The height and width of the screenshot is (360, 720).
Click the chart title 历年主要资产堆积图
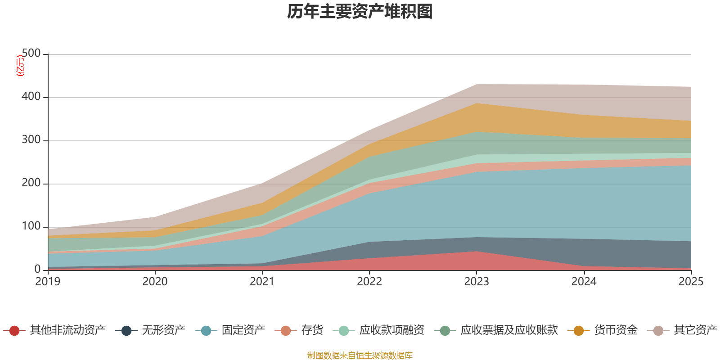coord(360,12)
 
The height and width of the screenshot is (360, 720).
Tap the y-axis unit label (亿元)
coord(20,66)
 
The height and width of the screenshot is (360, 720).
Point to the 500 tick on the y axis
coord(31,54)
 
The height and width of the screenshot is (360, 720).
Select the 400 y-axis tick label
coord(31,97)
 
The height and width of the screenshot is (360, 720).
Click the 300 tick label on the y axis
coord(31,140)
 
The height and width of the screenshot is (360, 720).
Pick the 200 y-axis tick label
coord(31,183)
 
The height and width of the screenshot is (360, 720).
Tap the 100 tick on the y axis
coord(31,226)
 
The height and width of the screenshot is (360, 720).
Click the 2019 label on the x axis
coord(48,282)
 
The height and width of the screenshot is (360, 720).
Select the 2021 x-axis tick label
coord(262,282)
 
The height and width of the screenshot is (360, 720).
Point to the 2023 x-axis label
coord(477,282)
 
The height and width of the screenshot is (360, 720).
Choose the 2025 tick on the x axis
coord(691,282)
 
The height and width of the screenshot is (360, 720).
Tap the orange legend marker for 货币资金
coord(579,331)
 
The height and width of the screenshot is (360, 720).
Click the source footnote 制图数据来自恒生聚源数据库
coord(360,355)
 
